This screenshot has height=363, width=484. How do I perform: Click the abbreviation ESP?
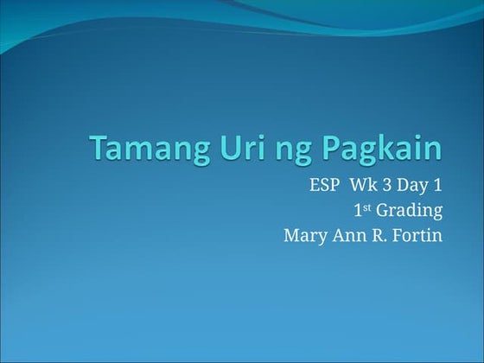click(323, 186)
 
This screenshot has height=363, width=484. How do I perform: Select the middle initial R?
click(378, 235)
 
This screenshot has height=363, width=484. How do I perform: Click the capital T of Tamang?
click(99, 149)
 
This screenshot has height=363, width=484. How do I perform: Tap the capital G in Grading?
click(383, 211)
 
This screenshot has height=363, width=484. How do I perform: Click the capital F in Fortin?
click(397, 235)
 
